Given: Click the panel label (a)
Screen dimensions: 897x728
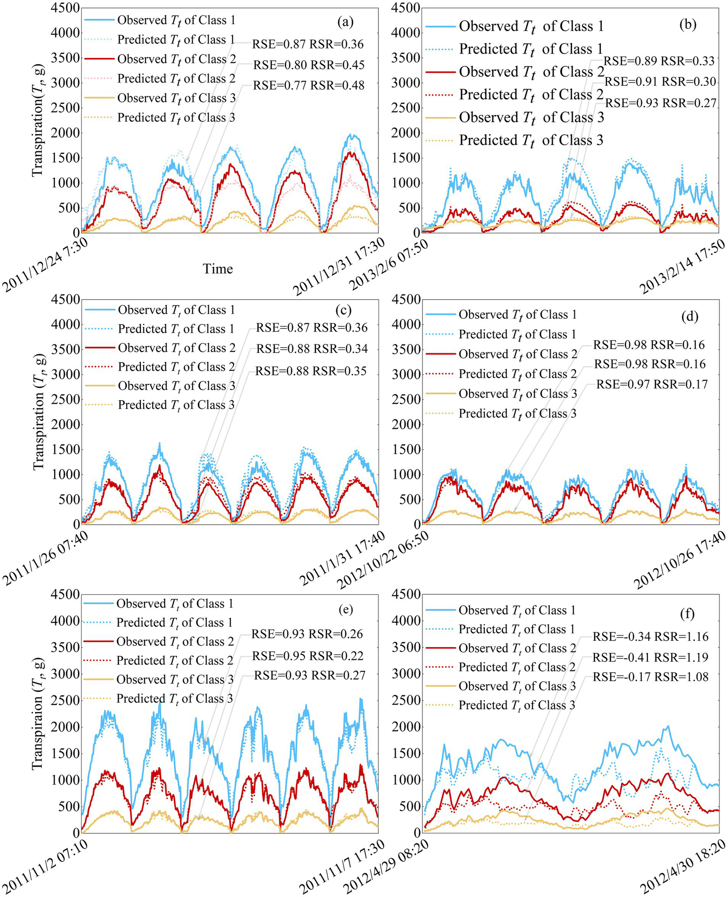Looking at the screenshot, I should pos(345,21).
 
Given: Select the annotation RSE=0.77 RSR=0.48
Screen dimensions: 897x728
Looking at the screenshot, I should pos(309,85).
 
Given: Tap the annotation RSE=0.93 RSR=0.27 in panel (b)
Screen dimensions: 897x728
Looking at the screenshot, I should pos(661,102).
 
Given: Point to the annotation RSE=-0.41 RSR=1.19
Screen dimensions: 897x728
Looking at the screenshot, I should pos(650,657).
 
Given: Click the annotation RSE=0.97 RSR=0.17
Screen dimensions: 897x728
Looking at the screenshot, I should pos(652,384).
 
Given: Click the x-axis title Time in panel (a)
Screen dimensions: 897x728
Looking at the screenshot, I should pos(218,269).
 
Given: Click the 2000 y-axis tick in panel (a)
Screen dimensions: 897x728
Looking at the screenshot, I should pos(65,133).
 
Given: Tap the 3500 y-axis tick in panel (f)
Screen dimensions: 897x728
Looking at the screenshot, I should pos(407,647).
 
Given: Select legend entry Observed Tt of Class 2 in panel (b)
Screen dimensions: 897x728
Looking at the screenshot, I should pos(531,72).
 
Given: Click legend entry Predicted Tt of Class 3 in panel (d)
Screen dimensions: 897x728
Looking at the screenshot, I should pos(517,414).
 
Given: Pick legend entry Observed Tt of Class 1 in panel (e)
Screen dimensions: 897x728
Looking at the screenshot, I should pos(175,603).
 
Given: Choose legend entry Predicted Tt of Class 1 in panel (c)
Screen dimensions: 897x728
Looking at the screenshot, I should pos(176,329).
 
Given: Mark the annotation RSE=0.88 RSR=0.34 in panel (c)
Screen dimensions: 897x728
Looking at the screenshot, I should pos(312,349).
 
